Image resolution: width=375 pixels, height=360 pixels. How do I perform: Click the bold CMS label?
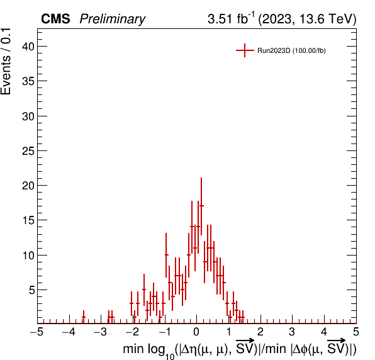tap(55, 19)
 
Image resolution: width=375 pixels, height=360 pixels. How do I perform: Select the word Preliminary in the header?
tap(113, 20)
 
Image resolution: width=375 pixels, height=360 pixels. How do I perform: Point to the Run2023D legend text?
tap(291, 51)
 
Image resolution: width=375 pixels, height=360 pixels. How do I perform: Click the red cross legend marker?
tap(245, 50)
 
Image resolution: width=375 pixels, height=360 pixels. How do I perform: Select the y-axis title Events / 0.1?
tap(6, 62)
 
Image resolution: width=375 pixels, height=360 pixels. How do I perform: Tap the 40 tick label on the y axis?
tap(28, 47)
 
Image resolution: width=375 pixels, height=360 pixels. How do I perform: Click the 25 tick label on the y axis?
tap(28, 151)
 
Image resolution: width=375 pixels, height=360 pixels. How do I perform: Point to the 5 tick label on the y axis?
tap(32, 290)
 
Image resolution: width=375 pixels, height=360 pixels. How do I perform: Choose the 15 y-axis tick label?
tap(28, 220)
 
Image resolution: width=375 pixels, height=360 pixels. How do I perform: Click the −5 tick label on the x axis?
tap(37, 332)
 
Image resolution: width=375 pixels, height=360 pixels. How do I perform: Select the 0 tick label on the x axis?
tap(196, 332)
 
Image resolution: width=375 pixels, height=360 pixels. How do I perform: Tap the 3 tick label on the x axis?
tap(292, 332)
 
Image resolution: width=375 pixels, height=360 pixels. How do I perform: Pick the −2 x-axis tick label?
tap(133, 332)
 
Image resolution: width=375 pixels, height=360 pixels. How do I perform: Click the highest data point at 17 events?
tap(201, 206)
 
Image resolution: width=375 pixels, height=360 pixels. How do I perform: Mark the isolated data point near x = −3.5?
tap(84, 317)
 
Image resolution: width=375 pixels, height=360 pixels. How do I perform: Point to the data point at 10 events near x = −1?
tap(166, 255)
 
